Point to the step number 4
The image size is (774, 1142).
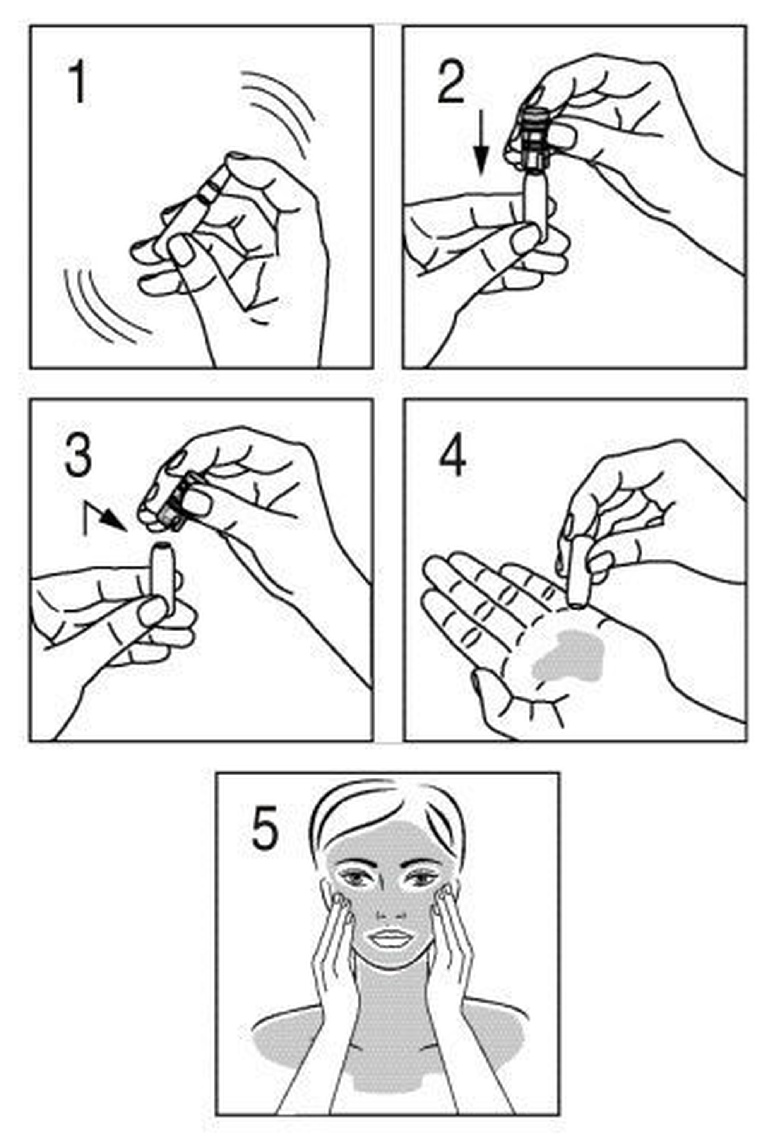452,456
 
